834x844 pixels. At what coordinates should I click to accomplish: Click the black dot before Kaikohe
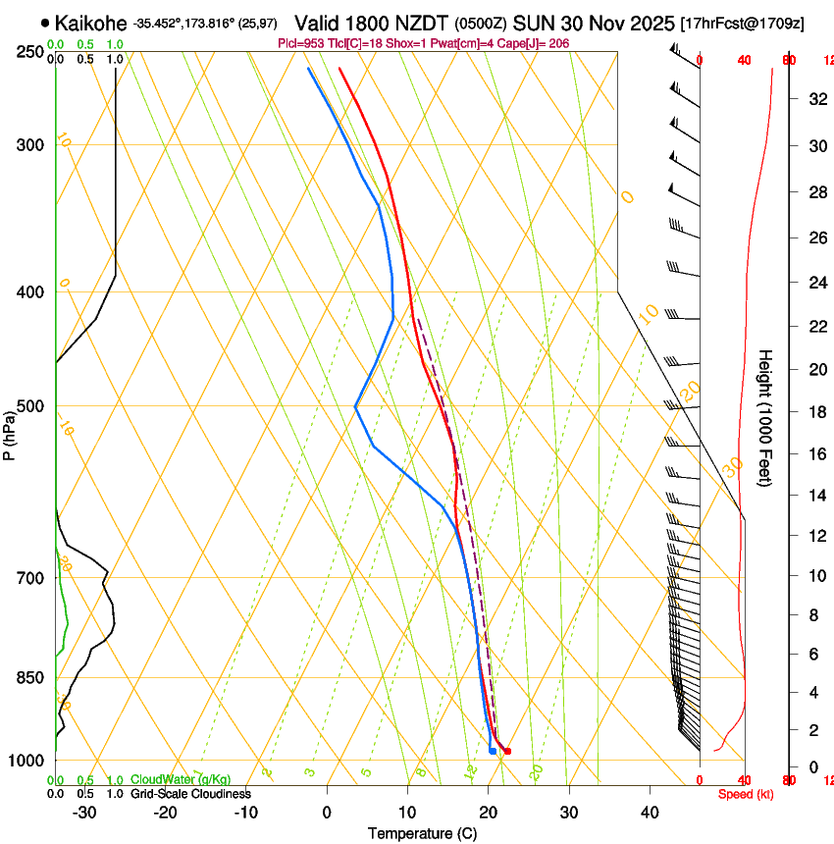[45, 23]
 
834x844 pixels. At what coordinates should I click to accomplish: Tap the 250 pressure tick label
[30, 51]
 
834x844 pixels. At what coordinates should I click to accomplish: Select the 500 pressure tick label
[30, 406]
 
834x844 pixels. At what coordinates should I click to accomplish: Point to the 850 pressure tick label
[30, 677]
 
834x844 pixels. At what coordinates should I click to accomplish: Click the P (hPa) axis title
[9, 432]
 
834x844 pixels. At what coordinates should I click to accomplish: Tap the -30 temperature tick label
[84, 812]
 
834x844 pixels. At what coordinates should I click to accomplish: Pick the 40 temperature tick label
[649, 812]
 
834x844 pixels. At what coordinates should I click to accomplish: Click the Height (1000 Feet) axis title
[766, 417]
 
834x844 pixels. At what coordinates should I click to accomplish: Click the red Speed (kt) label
[746, 794]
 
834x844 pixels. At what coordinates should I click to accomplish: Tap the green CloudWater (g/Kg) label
[181, 780]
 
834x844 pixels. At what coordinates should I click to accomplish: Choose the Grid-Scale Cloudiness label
[190, 794]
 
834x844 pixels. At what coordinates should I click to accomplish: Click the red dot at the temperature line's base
[507, 751]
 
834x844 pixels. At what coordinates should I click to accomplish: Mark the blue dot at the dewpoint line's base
[492, 751]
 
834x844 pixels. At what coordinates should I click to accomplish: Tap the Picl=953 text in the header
[301, 44]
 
